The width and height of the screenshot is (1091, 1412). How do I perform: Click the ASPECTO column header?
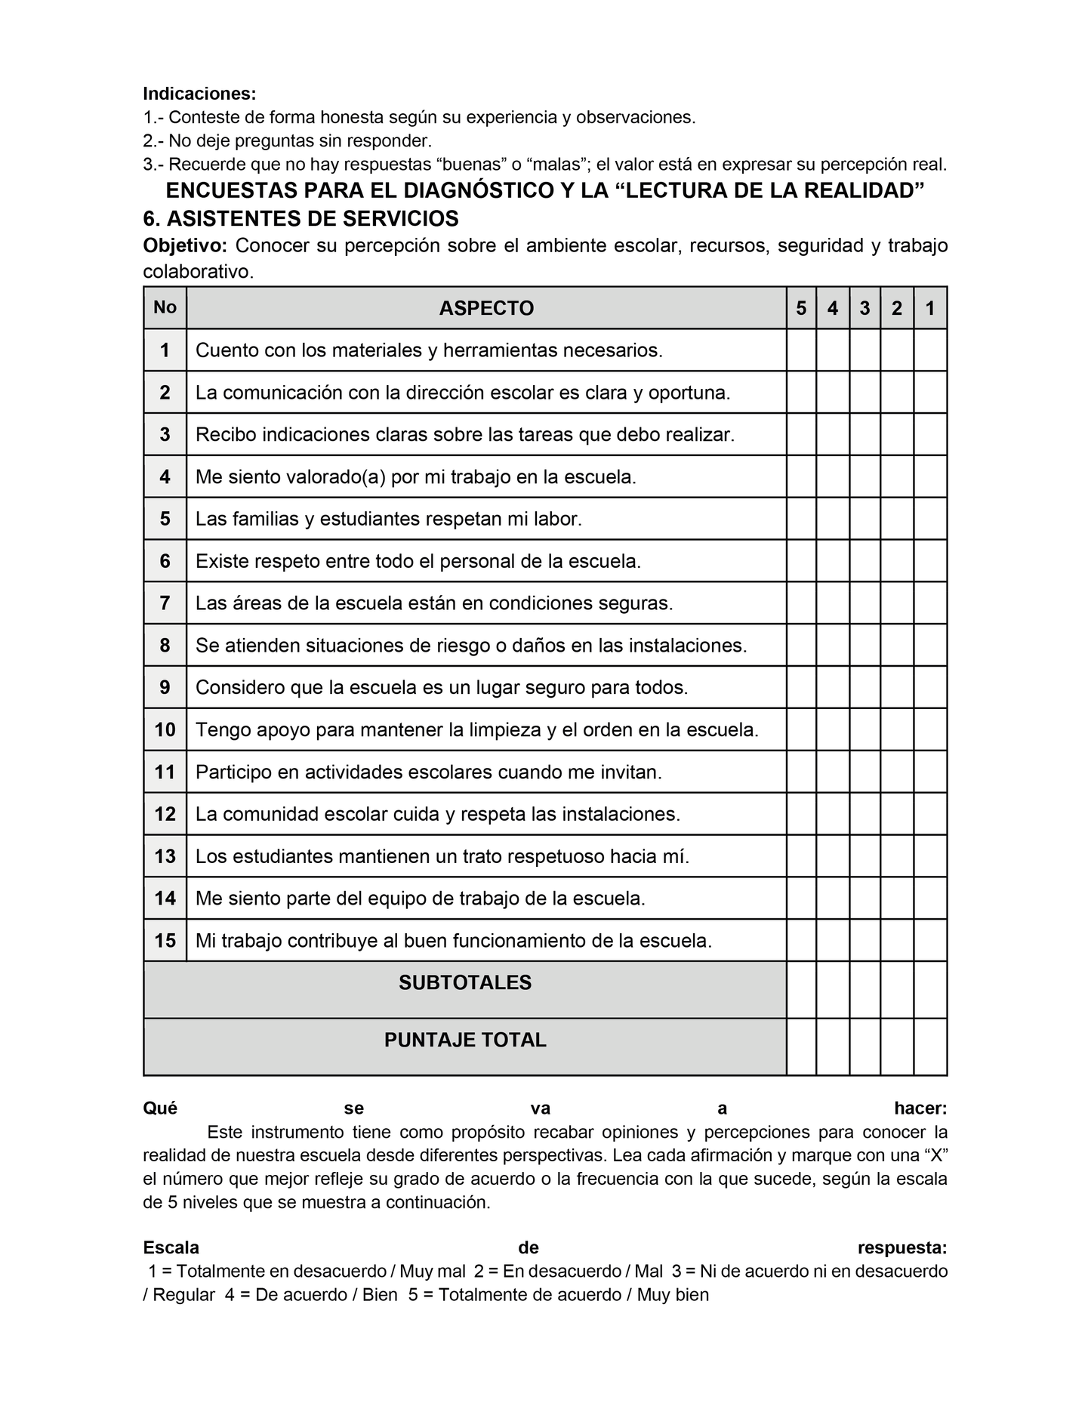point(486,308)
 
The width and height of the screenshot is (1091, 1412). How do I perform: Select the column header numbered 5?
point(801,308)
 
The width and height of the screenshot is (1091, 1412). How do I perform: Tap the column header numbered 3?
point(864,308)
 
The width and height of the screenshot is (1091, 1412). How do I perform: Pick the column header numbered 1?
point(930,308)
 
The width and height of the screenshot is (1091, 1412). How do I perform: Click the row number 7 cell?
point(165,603)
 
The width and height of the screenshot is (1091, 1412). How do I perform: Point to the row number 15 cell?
point(165,941)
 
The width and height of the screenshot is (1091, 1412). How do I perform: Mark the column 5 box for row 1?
point(801,350)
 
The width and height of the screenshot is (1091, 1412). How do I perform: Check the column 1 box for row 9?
point(930,688)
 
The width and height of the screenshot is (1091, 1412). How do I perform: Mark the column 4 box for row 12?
point(833,814)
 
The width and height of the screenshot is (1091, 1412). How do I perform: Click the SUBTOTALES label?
point(465,982)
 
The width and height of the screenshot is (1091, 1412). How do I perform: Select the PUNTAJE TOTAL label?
point(465,1040)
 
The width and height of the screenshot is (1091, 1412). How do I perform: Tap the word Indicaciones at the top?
point(199,94)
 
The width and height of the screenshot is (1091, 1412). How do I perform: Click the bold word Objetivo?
point(184,245)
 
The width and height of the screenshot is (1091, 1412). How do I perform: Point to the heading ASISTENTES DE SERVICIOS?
point(313,219)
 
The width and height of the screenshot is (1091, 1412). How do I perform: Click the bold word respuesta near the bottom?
point(902,1247)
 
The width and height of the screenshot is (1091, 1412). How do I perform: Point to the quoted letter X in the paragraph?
point(934,1155)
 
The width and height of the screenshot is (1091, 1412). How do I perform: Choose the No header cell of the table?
point(165,307)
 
